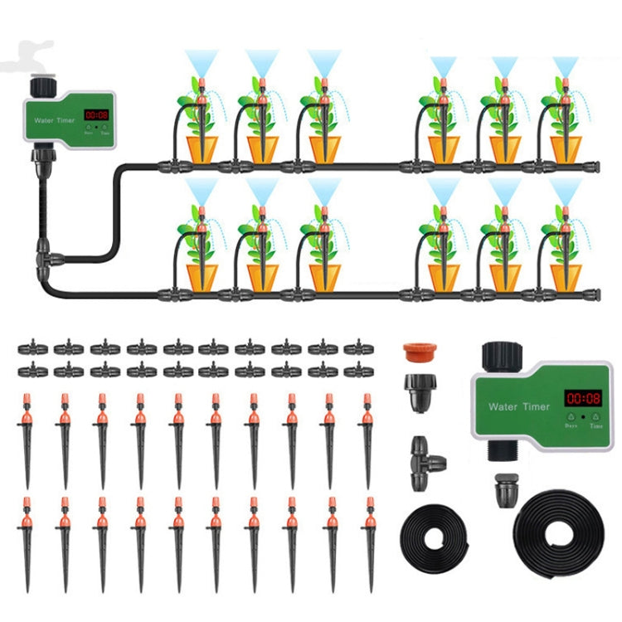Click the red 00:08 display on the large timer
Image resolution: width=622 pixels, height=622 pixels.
[x=582, y=399]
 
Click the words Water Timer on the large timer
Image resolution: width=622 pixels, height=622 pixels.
[x=515, y=406]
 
